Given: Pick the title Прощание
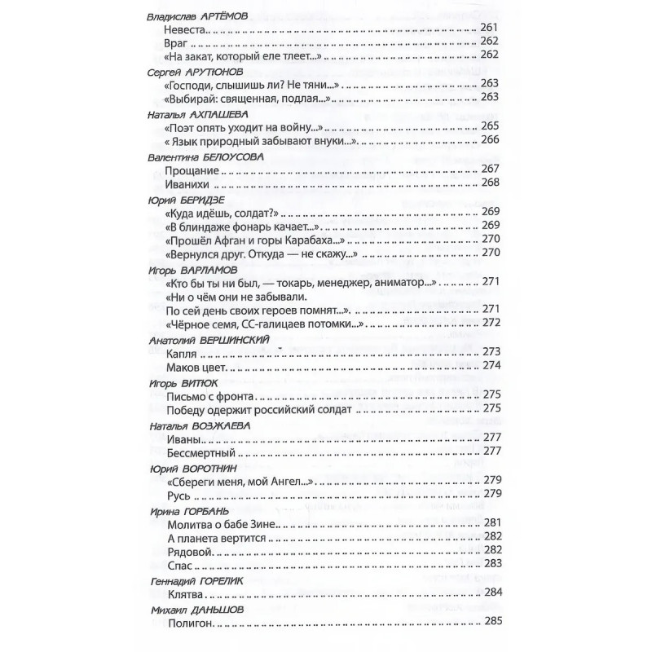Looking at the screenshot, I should point(192,170).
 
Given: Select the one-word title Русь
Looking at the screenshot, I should point(178,494).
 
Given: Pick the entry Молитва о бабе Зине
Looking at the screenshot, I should point(221,522).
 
